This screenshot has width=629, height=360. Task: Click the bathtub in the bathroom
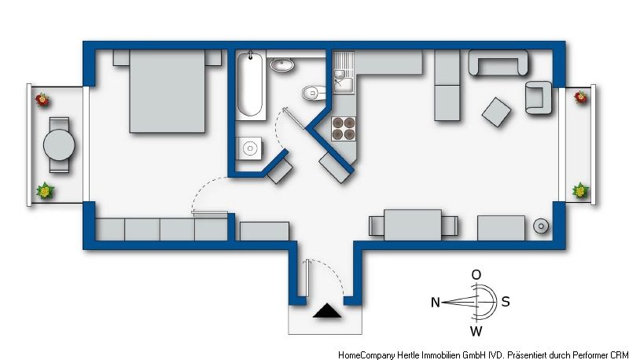click(x=250, y=86)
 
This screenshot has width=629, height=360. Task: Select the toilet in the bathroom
click(x=313, y=94)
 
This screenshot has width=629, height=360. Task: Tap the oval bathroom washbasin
click(x=281, y=64)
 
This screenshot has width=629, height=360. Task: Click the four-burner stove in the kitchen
click(x=344, y=128)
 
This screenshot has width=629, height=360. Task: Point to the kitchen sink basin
click(x=343, y=85)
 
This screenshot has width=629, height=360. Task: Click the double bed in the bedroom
click(x=167, y=90)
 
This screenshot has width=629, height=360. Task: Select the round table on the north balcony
click(x=59, y=145)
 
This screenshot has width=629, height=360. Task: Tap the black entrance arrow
click(x=327, y=310)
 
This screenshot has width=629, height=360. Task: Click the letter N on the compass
click(x=436, y=302)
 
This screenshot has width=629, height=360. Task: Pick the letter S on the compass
click(x=506, y=302)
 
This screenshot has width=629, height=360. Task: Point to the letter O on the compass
click(x=476, y=274)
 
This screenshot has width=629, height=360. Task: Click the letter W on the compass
click(x=476, y=331)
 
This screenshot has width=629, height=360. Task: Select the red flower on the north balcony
click(x=42, y=99)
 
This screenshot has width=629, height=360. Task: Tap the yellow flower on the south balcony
click(x=580, y=190)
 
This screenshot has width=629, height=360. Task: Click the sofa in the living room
click(x=498, y=63)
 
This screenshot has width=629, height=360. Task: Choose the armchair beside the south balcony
click(x=539, y=97)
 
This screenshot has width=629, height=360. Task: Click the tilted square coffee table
click(x=497, y=112)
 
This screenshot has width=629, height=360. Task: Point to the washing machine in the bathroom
click(x=248, y=149)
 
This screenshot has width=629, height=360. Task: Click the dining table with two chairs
click(x=413, y=225)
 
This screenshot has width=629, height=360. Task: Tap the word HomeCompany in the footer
click(x=366, y=354)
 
